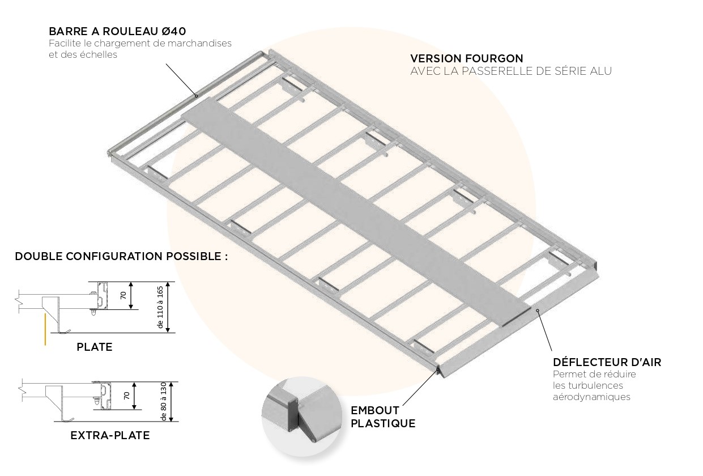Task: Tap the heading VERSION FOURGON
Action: (466, 58)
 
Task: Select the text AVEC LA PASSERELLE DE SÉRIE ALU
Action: (511, 71)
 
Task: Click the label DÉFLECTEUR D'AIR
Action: (607, 362)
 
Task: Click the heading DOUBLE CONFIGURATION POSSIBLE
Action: (121, 256)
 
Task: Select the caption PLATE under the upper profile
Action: (95, 347)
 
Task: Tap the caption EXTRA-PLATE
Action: (110, 436)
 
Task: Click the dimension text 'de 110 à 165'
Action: (160, 307)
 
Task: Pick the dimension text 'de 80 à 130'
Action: (164, 401)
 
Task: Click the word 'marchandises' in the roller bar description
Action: (201, 43)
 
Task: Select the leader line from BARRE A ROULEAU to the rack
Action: (181, 79)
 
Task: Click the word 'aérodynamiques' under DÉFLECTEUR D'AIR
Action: (591, 397)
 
